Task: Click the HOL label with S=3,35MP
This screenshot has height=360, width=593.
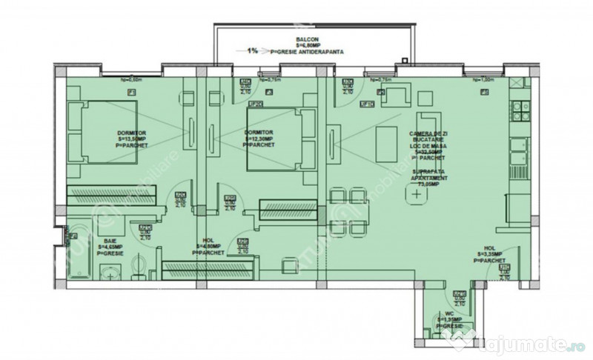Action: tap(490, 255)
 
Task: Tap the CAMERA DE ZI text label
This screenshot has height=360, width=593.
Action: tap(422, 132)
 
